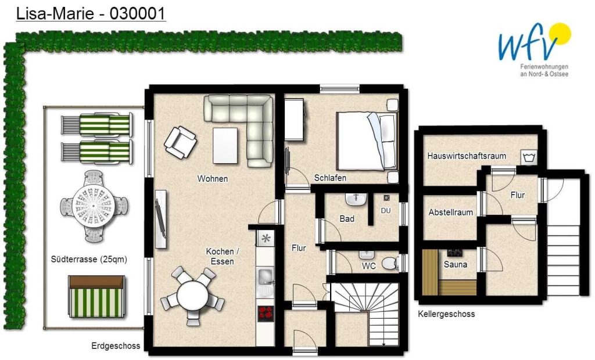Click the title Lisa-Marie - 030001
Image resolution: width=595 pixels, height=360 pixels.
click(x=91, y=14)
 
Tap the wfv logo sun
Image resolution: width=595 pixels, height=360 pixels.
click(x=560, y=33)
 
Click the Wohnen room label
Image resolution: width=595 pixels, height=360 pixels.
click(x=213, y=179)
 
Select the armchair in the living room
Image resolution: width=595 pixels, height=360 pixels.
click(x=180, y=142)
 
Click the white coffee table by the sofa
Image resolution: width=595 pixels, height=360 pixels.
click(x=225, y=146)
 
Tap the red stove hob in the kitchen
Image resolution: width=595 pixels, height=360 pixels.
click(x=266, y=314)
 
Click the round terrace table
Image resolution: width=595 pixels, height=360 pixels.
click(x=94, y=206)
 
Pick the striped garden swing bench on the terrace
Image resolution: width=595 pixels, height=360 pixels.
click(x=96, y=297)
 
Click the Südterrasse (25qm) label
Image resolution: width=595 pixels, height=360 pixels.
click(x=89, y=260)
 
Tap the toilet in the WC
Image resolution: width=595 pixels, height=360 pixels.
click(x=390, y=263)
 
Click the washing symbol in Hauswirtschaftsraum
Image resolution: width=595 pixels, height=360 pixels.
click(x=529, y=157)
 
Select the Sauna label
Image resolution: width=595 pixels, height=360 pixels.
click(x=456, y=264)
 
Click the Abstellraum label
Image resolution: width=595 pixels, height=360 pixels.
click(x=451, y=213)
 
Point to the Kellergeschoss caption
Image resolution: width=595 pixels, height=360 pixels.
click(x=446, y=314)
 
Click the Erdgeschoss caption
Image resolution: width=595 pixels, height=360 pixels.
click(x=116, y=346)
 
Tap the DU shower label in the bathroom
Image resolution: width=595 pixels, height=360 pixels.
click(x=386, y=211)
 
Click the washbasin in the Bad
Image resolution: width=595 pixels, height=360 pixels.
click(x=356, y=199)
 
